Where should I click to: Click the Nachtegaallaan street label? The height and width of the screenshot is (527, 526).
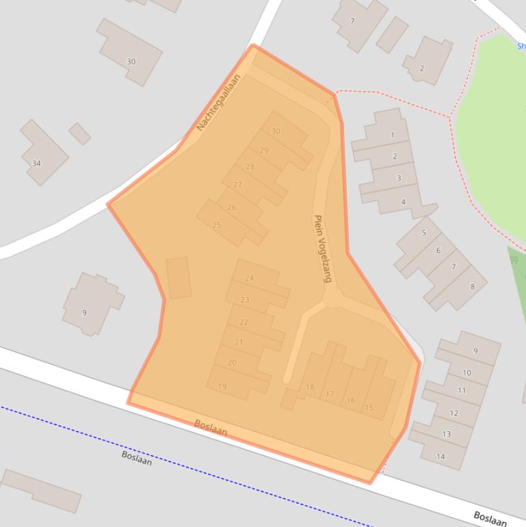tap(218, 103)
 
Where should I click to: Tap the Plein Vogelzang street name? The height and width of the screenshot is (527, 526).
tap(321, 248)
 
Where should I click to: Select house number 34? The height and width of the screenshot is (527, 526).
tap(36, 164)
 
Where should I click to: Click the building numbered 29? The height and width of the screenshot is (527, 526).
tap(264, 151)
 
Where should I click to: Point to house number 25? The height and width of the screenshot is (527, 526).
tap(217, 224)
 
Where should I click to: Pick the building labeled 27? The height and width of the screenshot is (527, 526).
tap(237, 185)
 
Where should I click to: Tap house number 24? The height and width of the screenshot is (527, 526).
tap(249, 278)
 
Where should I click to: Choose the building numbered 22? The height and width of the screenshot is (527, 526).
tap(244, 322)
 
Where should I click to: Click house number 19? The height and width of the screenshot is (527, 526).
tap(222, 387)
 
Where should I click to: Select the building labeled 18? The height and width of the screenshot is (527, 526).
tap(310, 387)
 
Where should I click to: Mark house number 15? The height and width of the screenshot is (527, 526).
tap(369, 407)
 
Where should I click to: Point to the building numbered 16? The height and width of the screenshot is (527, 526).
tap(351, 400)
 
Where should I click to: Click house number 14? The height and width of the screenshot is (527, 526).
tap(440, 456)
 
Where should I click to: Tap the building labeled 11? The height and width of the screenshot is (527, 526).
tap(462, 390)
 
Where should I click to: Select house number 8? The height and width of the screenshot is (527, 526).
tap(472, 286)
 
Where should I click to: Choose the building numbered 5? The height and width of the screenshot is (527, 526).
tap(423, 233)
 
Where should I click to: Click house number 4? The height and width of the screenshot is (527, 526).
tap(404, 202)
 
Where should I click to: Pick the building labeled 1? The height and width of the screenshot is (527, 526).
tap(392, 135)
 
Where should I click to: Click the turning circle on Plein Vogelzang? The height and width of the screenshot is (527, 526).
tap(333, 298)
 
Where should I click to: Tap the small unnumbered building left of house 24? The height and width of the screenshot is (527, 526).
tap(179, 277)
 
